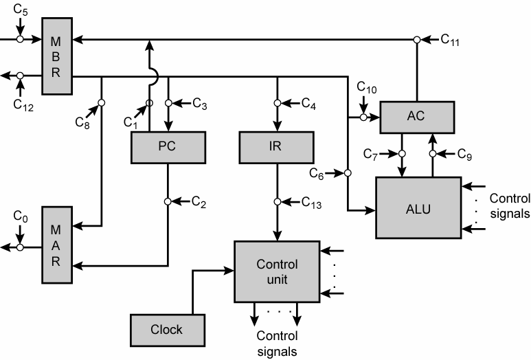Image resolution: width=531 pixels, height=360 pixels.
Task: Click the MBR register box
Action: pyautogui.click(x=56, y=56)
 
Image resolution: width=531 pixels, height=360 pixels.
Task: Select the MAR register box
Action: pyautogui.click(x=56, y=244)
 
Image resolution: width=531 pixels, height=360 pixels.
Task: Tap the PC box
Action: pyautogui.click(x=168, y=145)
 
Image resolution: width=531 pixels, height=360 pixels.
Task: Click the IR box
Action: pyautogui.click(x=276, y=145)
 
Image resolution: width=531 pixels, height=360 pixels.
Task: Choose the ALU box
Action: pyautogui.click(x=418, y=207)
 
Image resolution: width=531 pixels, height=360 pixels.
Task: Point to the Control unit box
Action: pyautogui.click(x=276, y=272)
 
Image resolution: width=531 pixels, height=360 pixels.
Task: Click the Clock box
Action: pyautogui.click(x=167, y=329)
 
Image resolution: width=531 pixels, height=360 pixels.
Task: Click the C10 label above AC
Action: pyautogui.click(x=367, y=88)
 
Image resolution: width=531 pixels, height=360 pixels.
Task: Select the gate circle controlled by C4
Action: pyautogui.click(x=277, y=104)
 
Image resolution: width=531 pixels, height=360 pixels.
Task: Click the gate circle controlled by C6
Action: pyautogui.click(x=348, y=172)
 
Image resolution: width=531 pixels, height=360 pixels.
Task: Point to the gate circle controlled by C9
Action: pyautogui.click(x=432, y=153)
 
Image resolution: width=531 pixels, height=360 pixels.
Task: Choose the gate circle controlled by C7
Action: pyautogui.click(x=402, y=153)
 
